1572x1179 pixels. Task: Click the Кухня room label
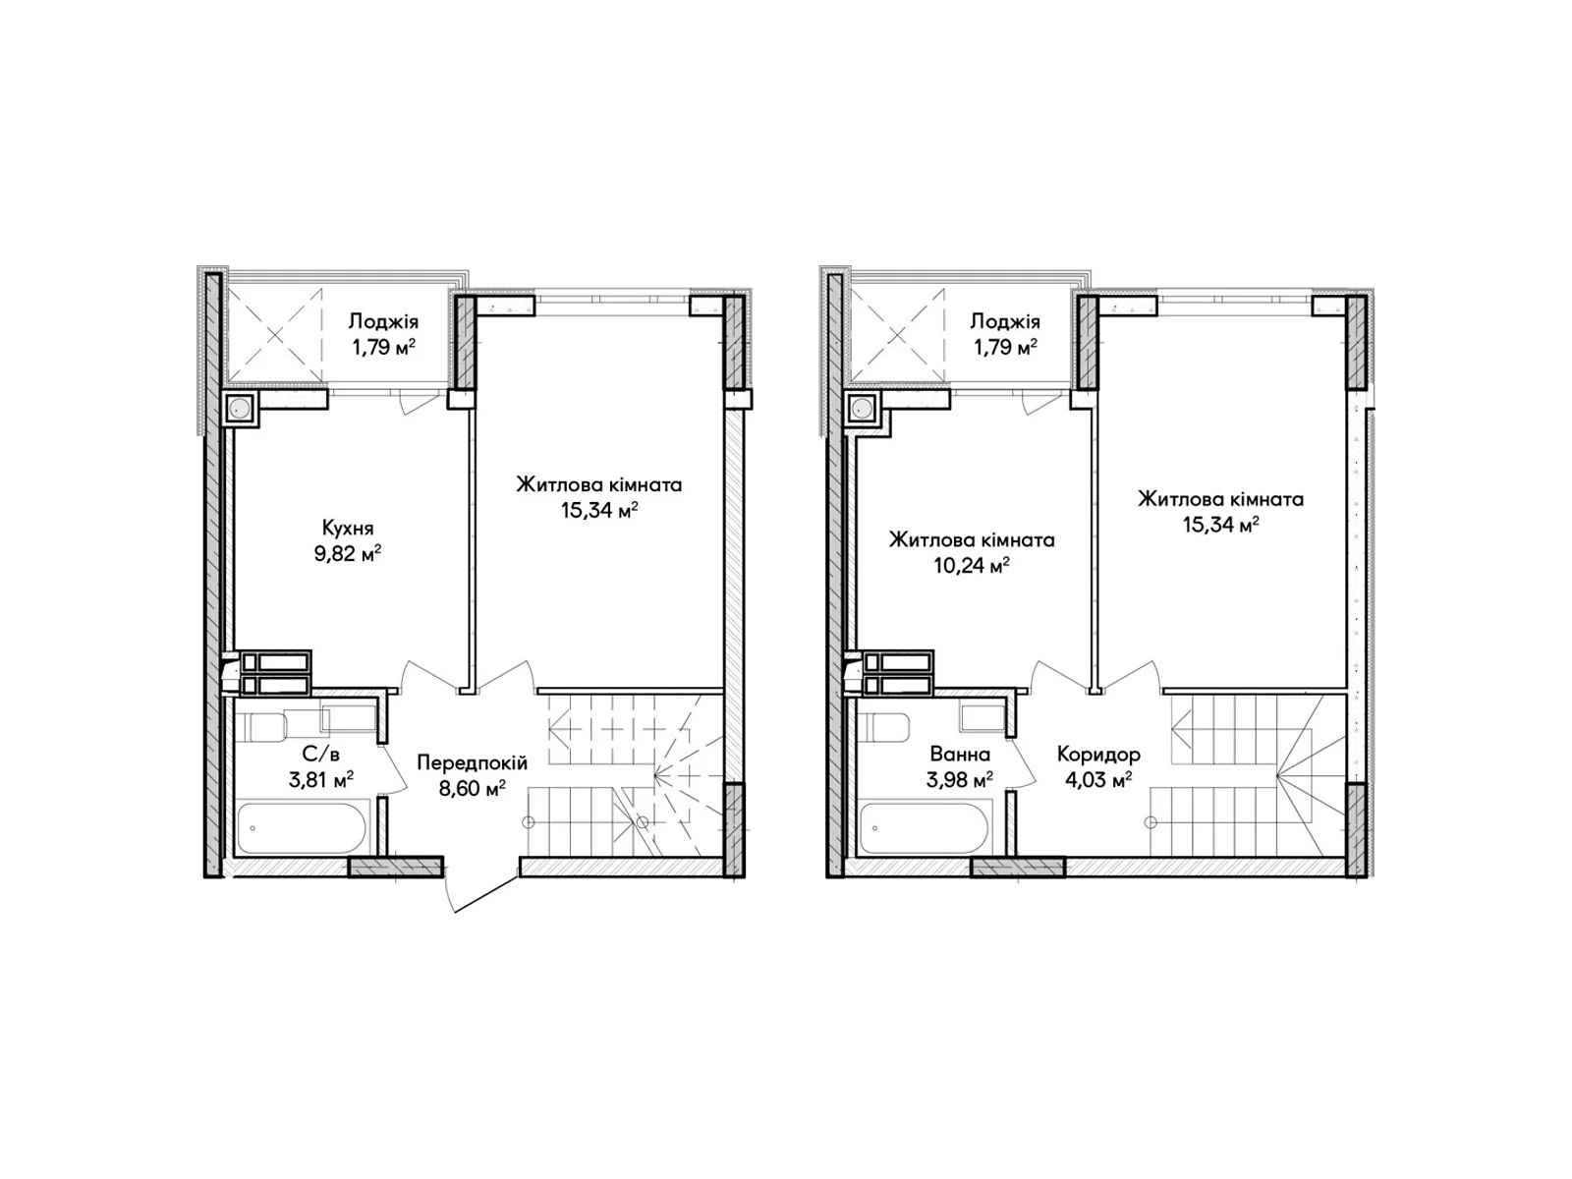pos(348,529)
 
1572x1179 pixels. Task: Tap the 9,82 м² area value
pos(348,553)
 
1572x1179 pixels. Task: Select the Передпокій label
pos(472,763)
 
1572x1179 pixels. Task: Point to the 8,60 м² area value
pos(472,788)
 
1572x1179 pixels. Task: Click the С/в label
pos(321,754)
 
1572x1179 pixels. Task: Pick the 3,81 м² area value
pos(321,779)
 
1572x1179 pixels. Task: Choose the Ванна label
pos(960,754)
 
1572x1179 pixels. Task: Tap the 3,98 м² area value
pos(960,779)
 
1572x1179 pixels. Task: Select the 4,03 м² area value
pos(1098,779)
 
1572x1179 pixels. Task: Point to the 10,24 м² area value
pos(971,566)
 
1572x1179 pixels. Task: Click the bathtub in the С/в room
pos(302,828)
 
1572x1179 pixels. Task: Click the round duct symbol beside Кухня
pos(240,409)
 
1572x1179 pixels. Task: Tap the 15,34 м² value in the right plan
pos(1220,525)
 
